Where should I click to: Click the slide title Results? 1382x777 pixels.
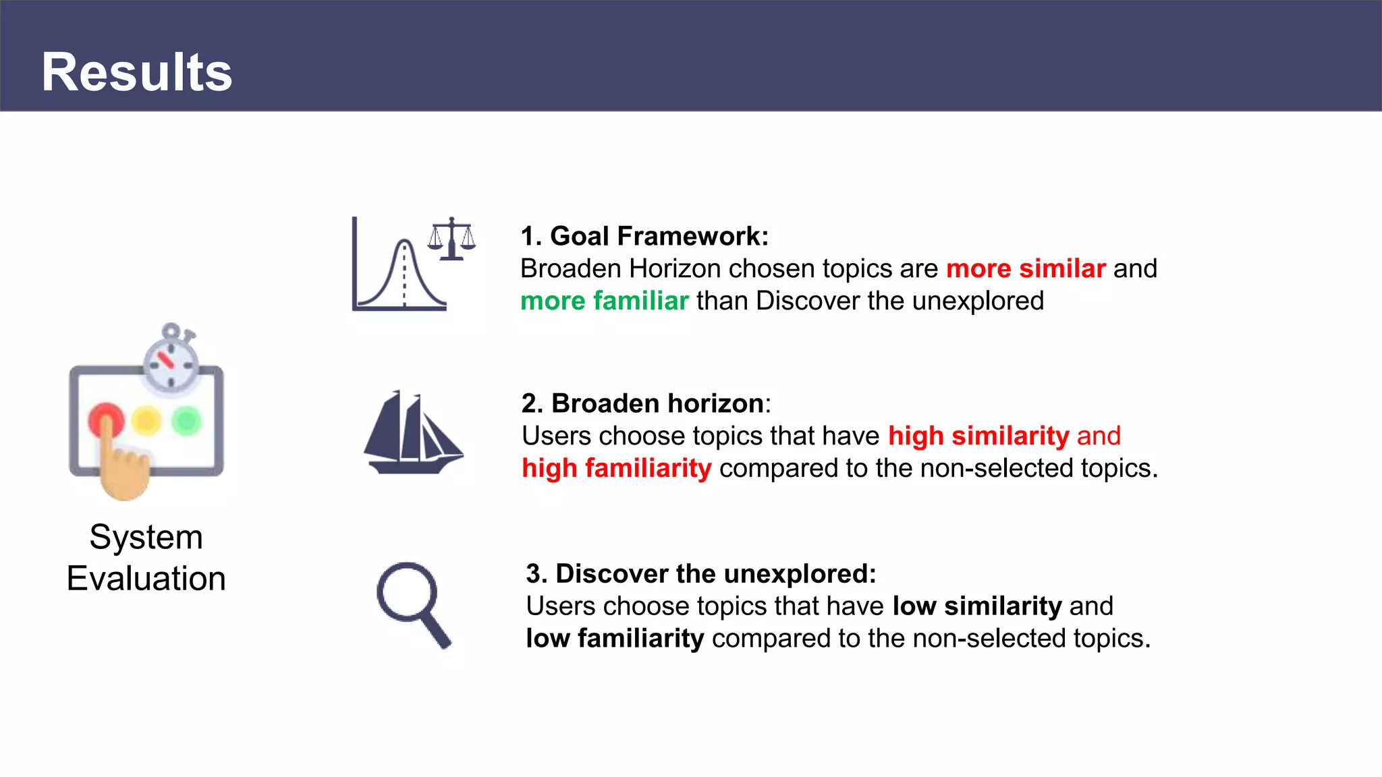137,72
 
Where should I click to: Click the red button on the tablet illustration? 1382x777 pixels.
106,420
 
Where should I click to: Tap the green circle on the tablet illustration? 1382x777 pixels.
186,421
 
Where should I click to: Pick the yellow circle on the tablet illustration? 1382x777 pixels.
146,421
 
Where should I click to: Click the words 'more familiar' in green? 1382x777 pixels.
604,301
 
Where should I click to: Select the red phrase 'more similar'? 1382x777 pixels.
1026,268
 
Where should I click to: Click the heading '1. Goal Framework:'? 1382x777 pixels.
644,236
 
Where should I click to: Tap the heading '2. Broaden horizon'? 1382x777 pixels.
643,403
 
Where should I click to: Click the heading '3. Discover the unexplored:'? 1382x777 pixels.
700,573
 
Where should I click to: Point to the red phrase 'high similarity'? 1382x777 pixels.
978,436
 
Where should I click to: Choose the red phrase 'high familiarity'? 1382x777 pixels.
616,468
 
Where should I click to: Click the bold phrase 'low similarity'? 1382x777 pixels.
976,606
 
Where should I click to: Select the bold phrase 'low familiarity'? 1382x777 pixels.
615,638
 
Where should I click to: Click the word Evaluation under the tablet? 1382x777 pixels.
146,579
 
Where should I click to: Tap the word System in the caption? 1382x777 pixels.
146,537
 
